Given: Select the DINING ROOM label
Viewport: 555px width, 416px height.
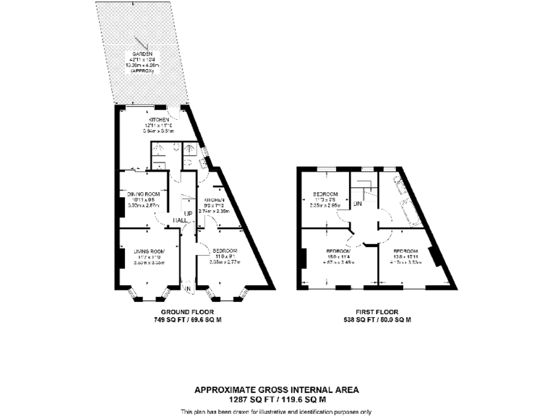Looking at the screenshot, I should point(143,194).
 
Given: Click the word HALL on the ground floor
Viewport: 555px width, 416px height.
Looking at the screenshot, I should point(181,220).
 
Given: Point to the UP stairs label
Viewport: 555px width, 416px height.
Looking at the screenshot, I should point(187,214).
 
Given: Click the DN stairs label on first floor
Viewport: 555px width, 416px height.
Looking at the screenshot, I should point(357,204).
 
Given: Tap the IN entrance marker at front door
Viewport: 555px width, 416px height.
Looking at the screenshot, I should point(187,289).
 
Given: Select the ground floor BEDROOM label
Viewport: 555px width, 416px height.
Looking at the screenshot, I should point(225,250).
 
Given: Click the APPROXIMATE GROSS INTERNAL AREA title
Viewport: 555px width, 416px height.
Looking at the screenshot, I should point(277,390).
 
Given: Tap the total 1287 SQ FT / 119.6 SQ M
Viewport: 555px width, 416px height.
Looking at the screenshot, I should point(277,399).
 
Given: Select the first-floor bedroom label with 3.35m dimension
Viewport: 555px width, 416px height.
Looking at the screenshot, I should point(324,194).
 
